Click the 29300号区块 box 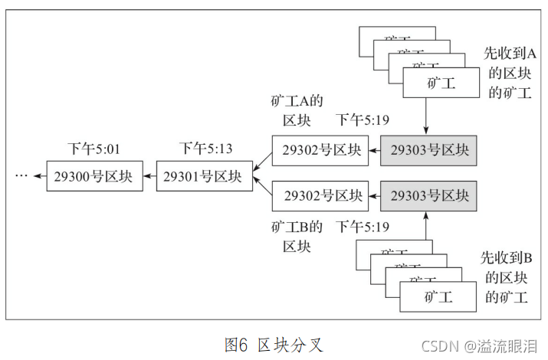(x=94, y=176)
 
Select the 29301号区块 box (x=204, y=176)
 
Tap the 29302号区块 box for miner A (x=318, y=150)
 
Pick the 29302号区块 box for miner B (x=318, y=196)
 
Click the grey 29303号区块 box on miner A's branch (x=428, y=150)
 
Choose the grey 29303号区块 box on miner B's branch (x=428, y=196)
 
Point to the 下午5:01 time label (x=94, y=148)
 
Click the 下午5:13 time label (x=205, y=148)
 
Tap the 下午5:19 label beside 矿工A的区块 (x=363, y=121)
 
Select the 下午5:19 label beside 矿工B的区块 (x=363, y=227)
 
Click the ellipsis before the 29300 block (x=21, y=176)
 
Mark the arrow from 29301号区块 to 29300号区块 (x=149, y=176)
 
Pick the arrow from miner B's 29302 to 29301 (x=262, y=188)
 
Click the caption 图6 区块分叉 (x=274, y=345)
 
